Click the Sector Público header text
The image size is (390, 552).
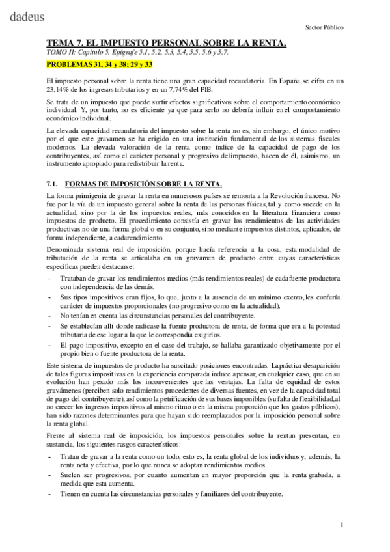pyautogui.click(x=324, y=28)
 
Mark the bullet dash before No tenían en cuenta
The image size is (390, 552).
pyautogui.click(x=50, y=314)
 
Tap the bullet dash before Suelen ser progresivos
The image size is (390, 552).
pyautogui.click(x=50, y=476)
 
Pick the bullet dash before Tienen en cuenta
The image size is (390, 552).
pyautogui.click(x=50, y=494)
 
